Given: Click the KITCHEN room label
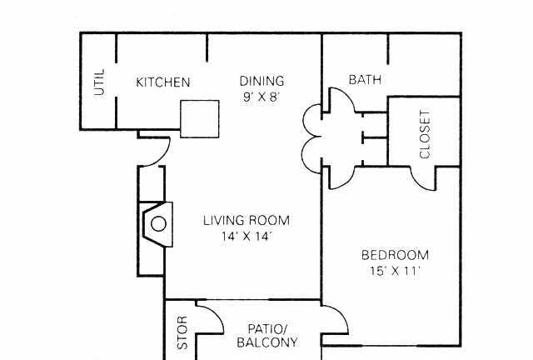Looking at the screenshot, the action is (163, 82).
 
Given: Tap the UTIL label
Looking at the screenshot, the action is (100, 82).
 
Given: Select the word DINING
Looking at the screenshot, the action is (262, 81).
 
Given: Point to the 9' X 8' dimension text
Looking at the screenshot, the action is (261, 97).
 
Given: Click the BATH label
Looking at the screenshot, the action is (365, 80).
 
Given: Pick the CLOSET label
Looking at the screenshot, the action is (425, 134).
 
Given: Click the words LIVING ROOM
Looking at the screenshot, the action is (247, 221).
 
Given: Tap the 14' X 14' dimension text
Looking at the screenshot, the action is (247, 236).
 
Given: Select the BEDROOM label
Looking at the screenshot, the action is (395, 255).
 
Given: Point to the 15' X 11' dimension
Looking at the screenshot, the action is (395, 271).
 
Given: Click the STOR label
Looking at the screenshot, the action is (182, 332).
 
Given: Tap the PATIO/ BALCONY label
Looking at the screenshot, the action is (267, 336).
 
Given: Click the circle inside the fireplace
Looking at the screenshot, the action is (158, 224).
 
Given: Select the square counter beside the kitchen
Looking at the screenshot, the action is (200, 119).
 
